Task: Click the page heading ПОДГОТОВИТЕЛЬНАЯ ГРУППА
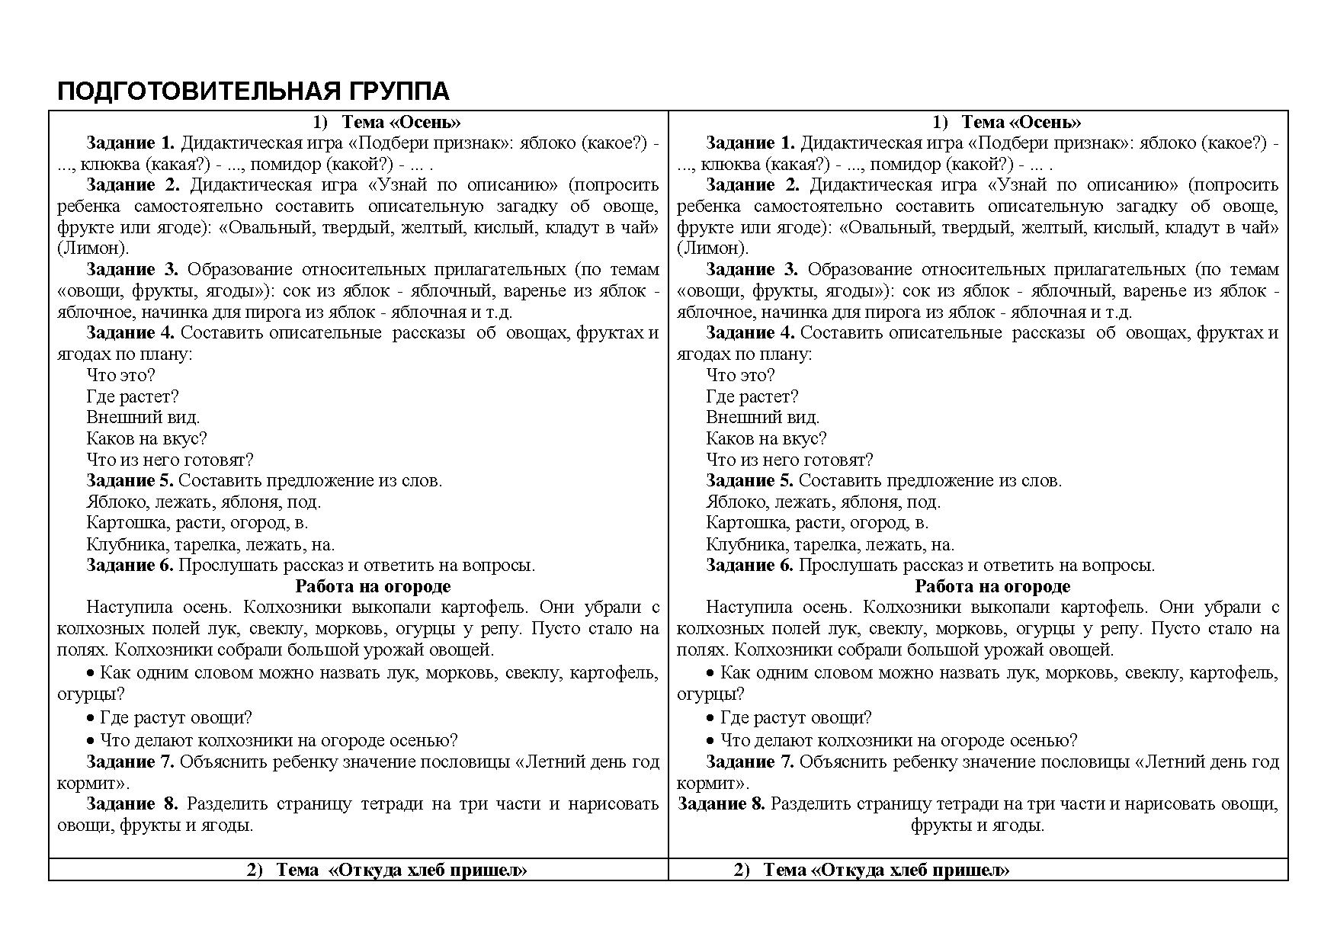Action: pos(253,91)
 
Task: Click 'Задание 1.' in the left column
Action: pos(130,143)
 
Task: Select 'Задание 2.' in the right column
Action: pos(751,184)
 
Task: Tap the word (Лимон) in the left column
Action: pos(93,248)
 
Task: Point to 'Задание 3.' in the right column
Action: pos(751,269)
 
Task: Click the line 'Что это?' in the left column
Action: pos(120,375)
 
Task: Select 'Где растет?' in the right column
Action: pos(752,396)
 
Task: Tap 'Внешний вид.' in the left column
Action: pos(143,417)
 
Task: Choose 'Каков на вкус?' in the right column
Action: pos(766,438)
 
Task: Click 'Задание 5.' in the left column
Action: pos(130,480)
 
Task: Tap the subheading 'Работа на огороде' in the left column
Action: pos(373,586)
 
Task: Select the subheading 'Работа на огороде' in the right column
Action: pos(992,586)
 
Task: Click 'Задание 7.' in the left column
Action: pos(130,762)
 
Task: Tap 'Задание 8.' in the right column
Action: pos(721,803)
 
